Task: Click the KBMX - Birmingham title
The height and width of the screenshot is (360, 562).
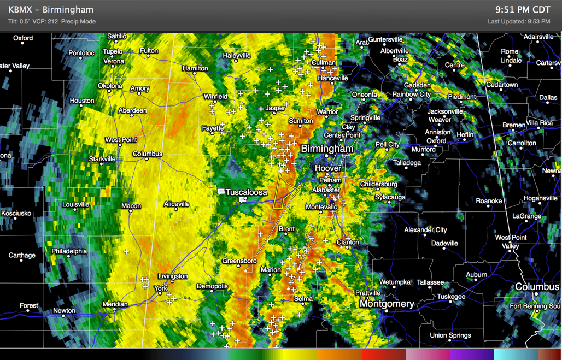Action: point(51,10)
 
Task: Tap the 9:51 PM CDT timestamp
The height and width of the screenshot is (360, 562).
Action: point(522,10)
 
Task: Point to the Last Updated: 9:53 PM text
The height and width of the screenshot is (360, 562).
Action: point(519,22)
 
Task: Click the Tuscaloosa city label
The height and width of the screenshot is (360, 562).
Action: point(246,192)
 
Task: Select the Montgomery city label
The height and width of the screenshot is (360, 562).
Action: point(387,304)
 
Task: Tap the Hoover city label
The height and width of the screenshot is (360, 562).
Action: point(328,169)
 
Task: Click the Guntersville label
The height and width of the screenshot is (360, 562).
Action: point(385,39)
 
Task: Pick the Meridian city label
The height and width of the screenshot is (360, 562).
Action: point(115,304)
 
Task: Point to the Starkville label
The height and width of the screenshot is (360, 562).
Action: point(102,159)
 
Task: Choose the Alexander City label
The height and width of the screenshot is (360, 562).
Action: point(425,230)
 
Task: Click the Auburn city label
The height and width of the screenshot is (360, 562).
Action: point(477,275)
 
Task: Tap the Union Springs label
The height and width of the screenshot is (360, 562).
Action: point(450,335)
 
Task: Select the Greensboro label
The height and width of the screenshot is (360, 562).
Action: point(239,261)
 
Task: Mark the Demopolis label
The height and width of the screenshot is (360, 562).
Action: point(212,286)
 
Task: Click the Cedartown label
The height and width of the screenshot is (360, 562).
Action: point(502,85)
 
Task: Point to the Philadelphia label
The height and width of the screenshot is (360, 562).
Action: point(69,251)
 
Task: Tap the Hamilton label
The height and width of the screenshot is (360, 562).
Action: point(195,68)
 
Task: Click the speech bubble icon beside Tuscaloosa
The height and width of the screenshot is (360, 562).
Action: point(221,192)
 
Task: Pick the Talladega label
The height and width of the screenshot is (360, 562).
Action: point(407,163)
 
